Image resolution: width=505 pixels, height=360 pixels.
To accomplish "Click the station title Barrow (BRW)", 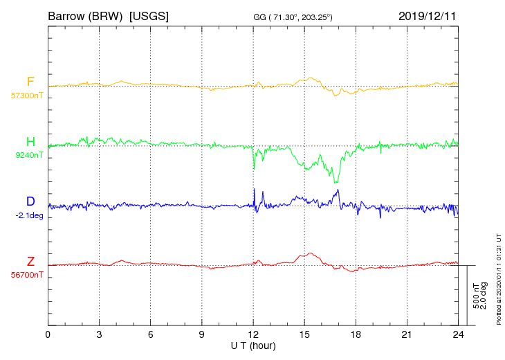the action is coord(85,16).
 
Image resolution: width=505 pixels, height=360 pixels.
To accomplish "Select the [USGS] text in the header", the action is coord(149,16).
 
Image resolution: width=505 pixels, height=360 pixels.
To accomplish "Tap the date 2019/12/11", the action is coord(428,16).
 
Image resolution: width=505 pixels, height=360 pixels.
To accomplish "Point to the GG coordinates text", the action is coord(293,17).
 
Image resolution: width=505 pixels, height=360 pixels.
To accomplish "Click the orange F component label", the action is coord(30,82).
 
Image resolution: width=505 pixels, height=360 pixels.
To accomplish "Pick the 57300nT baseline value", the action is coord(27,96).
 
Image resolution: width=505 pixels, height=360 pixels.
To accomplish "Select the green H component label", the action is coord(30,141).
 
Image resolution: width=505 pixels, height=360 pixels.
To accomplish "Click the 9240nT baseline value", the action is coord(29,155).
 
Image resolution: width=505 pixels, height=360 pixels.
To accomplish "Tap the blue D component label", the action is coord(30,201).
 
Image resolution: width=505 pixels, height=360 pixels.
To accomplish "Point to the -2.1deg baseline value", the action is coord(29,215).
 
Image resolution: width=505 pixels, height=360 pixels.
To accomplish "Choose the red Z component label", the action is coord(30,261).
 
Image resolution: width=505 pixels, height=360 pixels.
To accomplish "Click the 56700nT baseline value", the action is coord(27,275).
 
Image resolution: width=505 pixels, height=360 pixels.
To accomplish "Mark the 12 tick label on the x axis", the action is coord(253,334).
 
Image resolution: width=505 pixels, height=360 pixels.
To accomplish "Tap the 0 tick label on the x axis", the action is coord(48,334).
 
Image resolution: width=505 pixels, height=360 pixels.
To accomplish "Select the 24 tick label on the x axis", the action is coord(458,334).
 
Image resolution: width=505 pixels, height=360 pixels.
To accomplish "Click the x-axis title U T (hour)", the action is coord(253,346).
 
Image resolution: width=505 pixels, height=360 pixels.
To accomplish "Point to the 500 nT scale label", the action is coord(476,296).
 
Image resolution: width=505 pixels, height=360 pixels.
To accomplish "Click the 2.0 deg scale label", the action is coord(484,296).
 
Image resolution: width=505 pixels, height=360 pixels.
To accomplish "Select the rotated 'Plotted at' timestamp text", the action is coord(499,279).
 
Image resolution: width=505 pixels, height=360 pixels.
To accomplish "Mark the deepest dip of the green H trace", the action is coord(336,182).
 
